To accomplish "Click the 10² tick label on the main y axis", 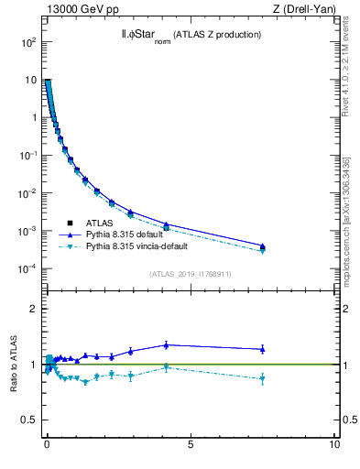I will click(x=27, y=43).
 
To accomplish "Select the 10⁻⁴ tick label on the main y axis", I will click(x=27, y=268).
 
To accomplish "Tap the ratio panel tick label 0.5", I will click(x=29, y=420).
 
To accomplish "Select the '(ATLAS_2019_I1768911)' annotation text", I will click(x=190, y=274).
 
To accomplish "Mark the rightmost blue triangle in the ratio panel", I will click(x=262, y=348).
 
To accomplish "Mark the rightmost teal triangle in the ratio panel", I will click(x=262, y=378).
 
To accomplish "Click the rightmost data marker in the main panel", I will click(x=262, y=246).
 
